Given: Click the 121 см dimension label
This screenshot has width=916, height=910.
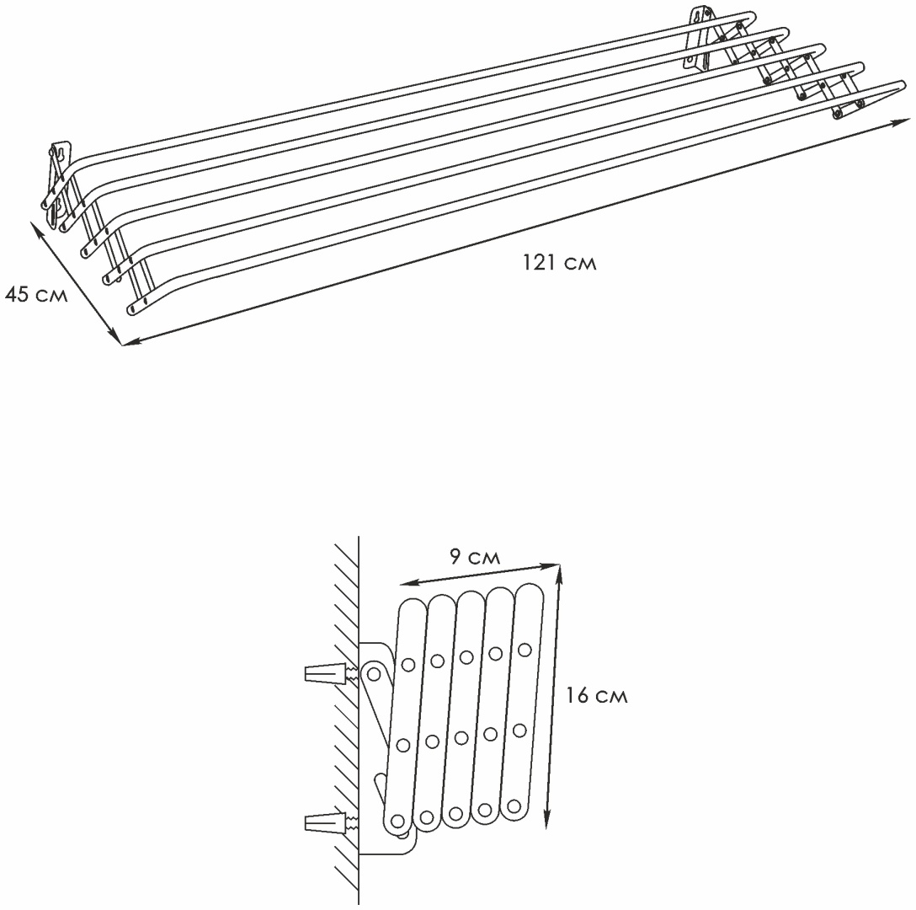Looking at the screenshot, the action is [559, 263].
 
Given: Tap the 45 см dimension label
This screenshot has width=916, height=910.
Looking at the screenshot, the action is [35, 294].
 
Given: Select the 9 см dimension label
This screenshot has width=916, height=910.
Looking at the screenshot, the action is [475, 557].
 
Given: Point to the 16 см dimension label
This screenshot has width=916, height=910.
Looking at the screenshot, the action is [596, 695].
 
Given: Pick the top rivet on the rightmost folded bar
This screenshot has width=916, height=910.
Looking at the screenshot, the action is [524, 649].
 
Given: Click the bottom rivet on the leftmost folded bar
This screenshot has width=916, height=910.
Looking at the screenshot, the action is [397, 821].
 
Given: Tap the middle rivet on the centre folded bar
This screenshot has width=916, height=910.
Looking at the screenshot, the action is [461, 738].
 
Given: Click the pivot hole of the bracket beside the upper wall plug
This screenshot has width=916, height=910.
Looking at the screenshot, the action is [373, 675].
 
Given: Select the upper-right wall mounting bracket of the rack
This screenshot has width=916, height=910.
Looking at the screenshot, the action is [699, 39].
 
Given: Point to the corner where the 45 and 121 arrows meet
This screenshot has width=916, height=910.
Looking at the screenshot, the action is [122, 345].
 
